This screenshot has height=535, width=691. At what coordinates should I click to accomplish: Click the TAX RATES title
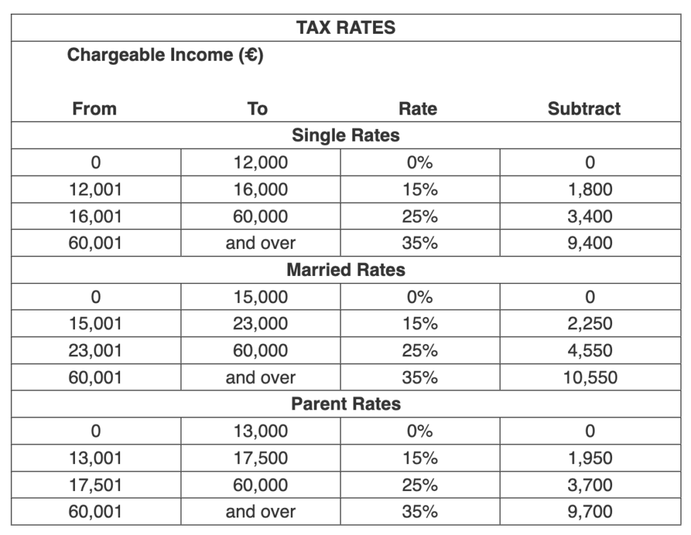pyautogui.click(x=345, y=28)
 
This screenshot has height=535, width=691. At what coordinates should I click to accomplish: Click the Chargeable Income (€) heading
pyautogui.click(x=165, y=55)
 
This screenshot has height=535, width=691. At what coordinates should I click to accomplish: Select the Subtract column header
pyautogui.click(x=584, y=109)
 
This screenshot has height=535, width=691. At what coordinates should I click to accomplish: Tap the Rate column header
pyautogui.click(x=418, y=109)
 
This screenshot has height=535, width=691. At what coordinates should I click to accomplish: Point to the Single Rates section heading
pyautogui.click(x=345, y=136)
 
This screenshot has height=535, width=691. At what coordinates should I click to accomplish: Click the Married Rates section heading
pyautogui.click(x=345, y=270)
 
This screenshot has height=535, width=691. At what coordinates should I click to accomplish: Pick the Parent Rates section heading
pyautogui.click(x=345, y=404)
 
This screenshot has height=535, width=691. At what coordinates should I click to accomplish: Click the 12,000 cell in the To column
pyautogui.click(x=260, y=163)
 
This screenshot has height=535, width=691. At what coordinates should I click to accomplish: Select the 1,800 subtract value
pyautogui.click(x=590, y=190)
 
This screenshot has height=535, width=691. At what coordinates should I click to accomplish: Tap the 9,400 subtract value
pyautogui.click(x=590, y=243)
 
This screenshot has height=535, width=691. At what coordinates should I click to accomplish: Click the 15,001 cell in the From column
pyautogui.click(x=95, y=324)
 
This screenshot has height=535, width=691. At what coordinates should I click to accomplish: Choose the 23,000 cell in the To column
pyautogui.click(x=260, y=324)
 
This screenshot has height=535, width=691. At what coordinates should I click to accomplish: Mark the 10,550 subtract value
pyautogui.click(x=590, y=378)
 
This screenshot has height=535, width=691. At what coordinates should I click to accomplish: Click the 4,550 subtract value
pyautogui.click(x=590, y=351)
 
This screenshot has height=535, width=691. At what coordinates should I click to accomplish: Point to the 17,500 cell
pyautogui.click(x=260, y=458)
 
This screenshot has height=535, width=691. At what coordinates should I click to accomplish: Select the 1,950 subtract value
pyautogui.click(x=590, y=458)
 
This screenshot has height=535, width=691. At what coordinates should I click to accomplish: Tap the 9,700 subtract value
pyautogui.click(x=590, y=512)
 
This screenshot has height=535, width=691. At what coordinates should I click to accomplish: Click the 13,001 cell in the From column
pyautogui.click(x=95, y=458)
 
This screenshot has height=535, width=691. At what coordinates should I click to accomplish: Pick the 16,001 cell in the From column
pyautogui.click(x=95, y=217)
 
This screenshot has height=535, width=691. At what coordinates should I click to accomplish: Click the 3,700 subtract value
pyautogui.click(x=590, y=485)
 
